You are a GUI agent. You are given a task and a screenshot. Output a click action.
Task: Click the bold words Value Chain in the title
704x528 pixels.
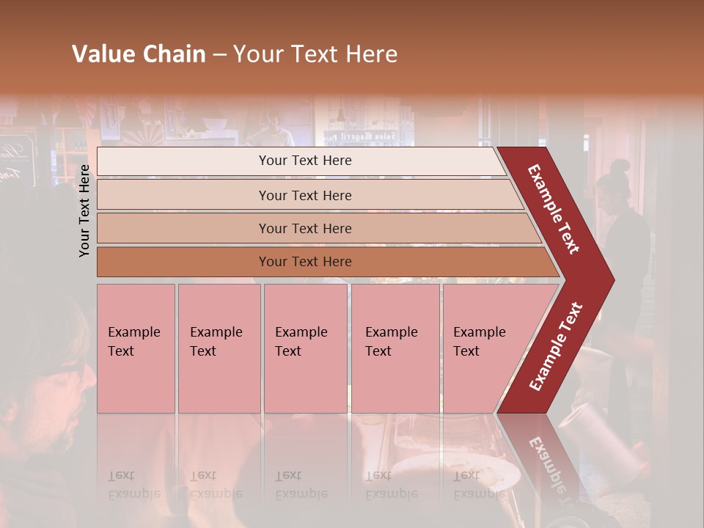[x=139, y=54]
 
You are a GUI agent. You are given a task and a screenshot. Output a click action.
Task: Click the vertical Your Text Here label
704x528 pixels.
[x=84, y=210]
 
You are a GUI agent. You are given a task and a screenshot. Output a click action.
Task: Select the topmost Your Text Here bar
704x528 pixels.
[x=304, y=161]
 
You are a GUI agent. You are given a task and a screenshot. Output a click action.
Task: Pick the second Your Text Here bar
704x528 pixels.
[x=304, y=195]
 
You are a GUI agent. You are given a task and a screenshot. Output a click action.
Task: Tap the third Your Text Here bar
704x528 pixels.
[x=304, y=228]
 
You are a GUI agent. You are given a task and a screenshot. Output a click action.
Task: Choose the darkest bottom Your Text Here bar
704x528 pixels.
[x=304, y=262]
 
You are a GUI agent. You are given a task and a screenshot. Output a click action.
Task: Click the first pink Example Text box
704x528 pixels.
[x=136, y=348]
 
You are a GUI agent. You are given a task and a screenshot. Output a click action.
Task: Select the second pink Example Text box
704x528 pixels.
[x=219, y=348]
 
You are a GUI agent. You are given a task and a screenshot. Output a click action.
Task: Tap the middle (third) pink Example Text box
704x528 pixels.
[x=304, y=348]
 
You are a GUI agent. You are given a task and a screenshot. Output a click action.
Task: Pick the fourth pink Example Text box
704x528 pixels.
[x=395, y=348]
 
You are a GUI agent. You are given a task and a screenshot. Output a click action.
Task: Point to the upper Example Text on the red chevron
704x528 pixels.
[x=554, y=208]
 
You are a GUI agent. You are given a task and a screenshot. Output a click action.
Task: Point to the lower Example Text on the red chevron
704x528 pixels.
[x=556, y=346]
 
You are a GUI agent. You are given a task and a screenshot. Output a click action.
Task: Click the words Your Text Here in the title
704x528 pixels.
[x=315, y=54]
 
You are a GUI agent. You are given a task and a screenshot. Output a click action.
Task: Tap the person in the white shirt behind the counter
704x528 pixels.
[x=273, y=132]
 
